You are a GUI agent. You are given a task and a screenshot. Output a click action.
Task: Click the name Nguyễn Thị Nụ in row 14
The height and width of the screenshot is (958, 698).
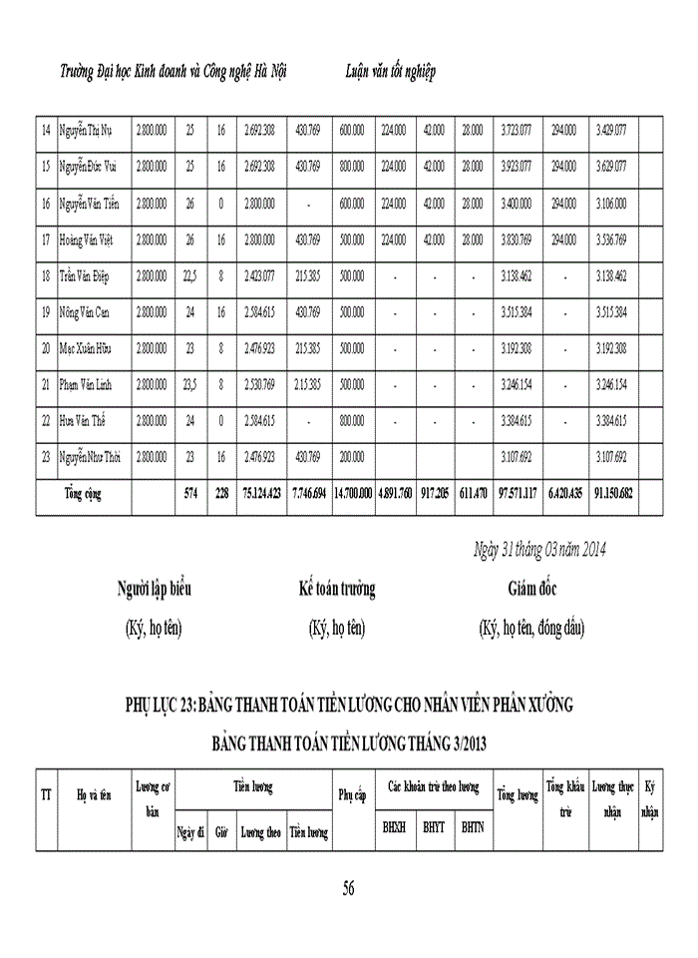click(90, 130)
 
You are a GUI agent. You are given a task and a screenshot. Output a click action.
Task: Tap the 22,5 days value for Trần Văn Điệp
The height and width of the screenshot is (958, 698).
click(189, 276)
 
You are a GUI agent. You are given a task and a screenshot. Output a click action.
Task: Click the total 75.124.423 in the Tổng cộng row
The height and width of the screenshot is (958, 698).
click(261, 494)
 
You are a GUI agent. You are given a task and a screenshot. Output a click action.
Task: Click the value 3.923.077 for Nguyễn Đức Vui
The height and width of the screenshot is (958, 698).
click(517, 167)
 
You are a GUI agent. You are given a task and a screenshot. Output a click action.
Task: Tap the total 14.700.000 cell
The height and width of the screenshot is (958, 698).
click(353, 494)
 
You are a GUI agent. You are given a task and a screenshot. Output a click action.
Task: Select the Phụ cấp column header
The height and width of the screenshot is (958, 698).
click(353, 796)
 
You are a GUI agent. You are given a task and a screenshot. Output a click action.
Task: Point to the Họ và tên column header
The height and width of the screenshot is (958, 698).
click(93, 796)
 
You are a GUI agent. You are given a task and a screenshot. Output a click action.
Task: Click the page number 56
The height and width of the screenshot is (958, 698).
click(348, 888)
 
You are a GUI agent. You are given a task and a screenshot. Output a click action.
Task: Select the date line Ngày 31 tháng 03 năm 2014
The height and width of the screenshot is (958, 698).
click(538, 550)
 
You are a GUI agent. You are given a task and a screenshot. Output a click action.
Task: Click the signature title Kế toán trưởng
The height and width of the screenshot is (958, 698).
click(337, 589)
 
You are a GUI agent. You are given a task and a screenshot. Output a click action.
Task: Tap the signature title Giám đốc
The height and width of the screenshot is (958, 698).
click(531, 589)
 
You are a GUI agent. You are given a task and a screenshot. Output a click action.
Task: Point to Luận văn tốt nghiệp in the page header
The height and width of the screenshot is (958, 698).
click(389, 73)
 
